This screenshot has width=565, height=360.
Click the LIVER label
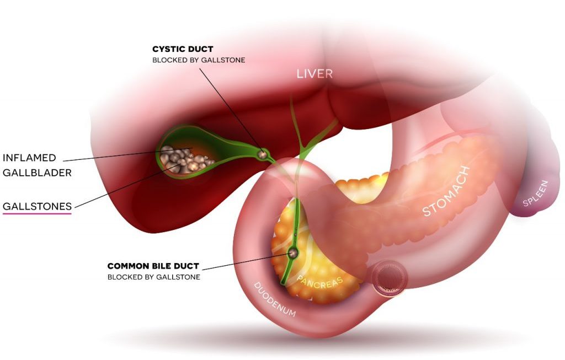pos(315,74)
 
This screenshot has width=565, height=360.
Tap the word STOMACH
pos(446,191)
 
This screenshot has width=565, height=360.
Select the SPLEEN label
pos(536,194)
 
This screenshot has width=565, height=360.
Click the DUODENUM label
pos(275,299)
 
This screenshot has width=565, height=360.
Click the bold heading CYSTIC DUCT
pos(183,49)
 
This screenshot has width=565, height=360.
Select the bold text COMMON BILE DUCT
pos(153,266)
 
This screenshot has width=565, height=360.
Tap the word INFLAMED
pos(30,158)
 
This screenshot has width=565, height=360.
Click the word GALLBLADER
pos(37,173)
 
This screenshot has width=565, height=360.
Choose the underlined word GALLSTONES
pos(37,206)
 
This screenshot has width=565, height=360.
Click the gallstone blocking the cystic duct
pos(263,154)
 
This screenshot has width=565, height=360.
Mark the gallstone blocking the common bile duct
pos(292,252)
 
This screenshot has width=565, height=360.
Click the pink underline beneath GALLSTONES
pos(37,214)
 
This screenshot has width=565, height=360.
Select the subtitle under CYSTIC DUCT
pos(199,60)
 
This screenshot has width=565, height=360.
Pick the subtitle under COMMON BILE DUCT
pos(154,277)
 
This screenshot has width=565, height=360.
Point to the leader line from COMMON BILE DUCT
pos(247,261)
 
